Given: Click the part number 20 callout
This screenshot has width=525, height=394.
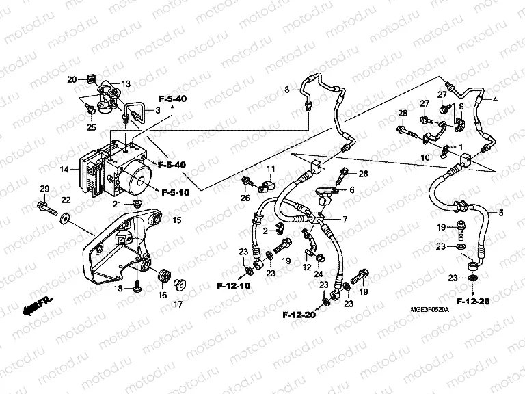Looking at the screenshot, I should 71,80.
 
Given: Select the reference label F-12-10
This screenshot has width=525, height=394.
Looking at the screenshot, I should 234,285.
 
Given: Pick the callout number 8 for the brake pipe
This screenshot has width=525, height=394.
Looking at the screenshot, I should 287,89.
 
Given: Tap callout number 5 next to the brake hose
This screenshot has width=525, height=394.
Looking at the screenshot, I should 500,213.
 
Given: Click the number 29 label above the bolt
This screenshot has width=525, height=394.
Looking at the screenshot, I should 44,189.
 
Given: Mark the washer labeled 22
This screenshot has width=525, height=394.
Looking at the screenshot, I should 66,218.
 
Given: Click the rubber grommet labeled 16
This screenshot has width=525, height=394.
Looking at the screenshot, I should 164,276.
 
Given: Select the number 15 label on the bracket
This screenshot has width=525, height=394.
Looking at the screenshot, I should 176,220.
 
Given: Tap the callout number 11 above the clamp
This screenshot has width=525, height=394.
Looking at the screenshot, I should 271,169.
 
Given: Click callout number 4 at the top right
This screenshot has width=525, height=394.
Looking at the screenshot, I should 495,101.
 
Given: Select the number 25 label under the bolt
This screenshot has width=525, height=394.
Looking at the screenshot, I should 91,127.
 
